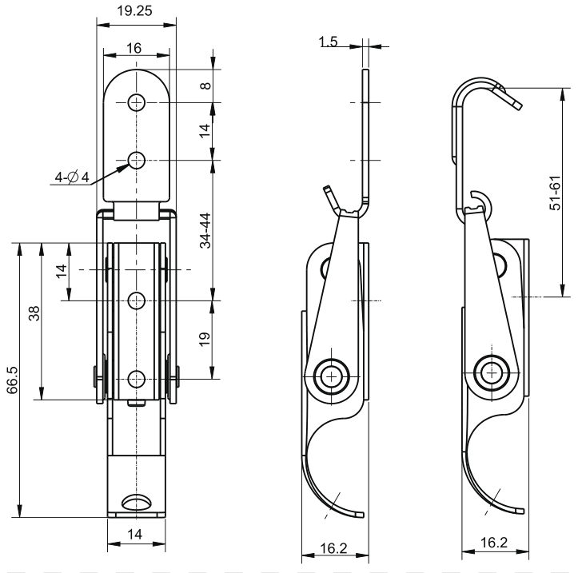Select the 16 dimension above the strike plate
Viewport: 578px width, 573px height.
click(x=134, y=48)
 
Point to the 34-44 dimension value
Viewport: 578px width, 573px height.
click(x=205, y=230)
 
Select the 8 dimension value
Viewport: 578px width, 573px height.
click(x=205, y=86)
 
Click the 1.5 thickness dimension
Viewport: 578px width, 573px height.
click(x=328, y=41)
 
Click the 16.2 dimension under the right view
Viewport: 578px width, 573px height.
click(x=493, y=543)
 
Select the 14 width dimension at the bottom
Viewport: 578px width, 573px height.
click(x=134, y=534)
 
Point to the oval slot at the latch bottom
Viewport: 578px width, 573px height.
click(x=137, y=501)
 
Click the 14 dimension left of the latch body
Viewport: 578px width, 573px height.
click(x=62, y=271)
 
